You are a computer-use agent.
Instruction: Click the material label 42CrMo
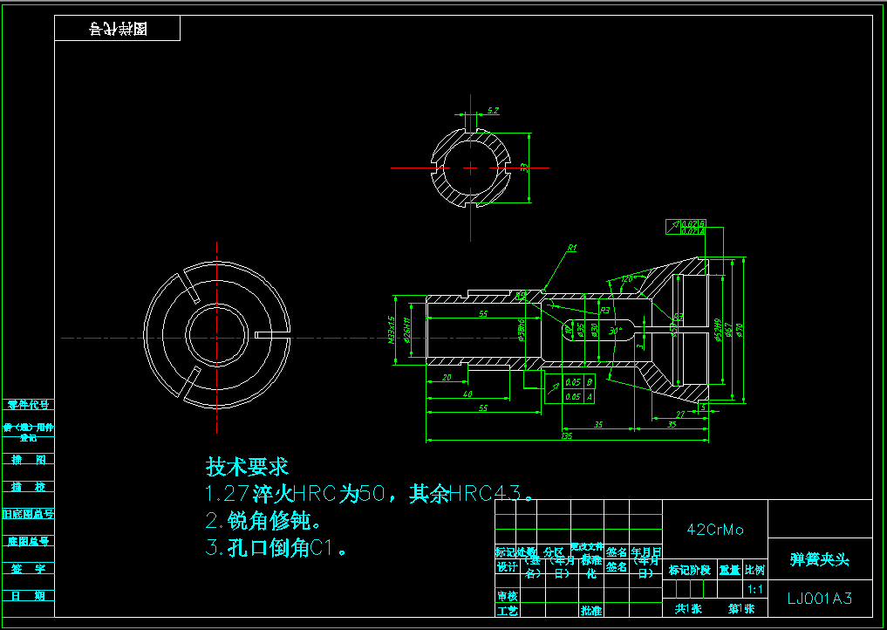click(715, 530)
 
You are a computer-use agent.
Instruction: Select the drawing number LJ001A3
click(819, 599)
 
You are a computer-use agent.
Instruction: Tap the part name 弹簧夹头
click(819, 559)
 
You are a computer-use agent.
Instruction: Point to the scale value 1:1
click(755, 589)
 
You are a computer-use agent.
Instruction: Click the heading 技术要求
click(247, 466)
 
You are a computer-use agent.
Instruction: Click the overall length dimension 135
click(566, 435)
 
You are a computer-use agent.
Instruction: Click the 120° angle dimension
click(626, 279)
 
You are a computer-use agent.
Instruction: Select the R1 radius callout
click(572, 249)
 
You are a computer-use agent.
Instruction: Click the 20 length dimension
click(447, 378)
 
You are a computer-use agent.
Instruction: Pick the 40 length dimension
click(467, 394)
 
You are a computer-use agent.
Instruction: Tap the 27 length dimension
click(679, 414)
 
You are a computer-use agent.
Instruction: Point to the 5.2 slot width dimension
click(493, 111)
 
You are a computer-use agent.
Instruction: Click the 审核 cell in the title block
click(506, 596)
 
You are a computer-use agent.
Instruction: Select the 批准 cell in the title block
click(591, 610)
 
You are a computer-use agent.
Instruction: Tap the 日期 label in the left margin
click(29, 596)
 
